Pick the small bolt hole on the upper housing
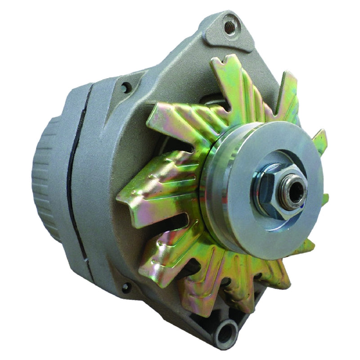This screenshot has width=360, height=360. pos(126,87)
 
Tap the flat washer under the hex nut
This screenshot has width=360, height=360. pos(279,202)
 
